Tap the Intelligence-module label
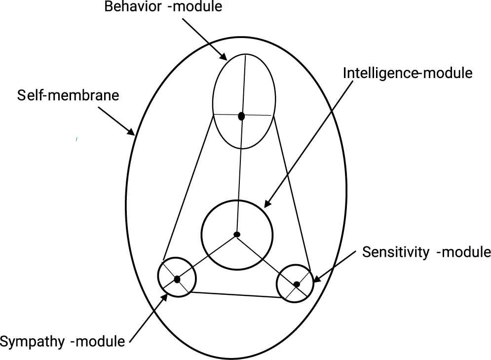click(x=408, y=73)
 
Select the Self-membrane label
click(x=68, y=95)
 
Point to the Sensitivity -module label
click(x=426, y=252)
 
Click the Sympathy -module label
click(x=63, y=341)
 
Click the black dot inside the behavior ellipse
click(x=241, y=116)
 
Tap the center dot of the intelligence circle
click(x=237, y=234)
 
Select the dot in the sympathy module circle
click(x=177, y=279)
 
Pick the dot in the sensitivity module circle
click(x=297, y=284)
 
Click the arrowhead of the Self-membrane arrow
click(x=132, y=132)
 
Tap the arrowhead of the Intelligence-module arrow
click(x=267, y=205)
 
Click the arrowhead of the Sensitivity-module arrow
click(x=315, y=280)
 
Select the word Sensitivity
click(x=397, y=252)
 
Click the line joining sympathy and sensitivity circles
click(x=235, y=295)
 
